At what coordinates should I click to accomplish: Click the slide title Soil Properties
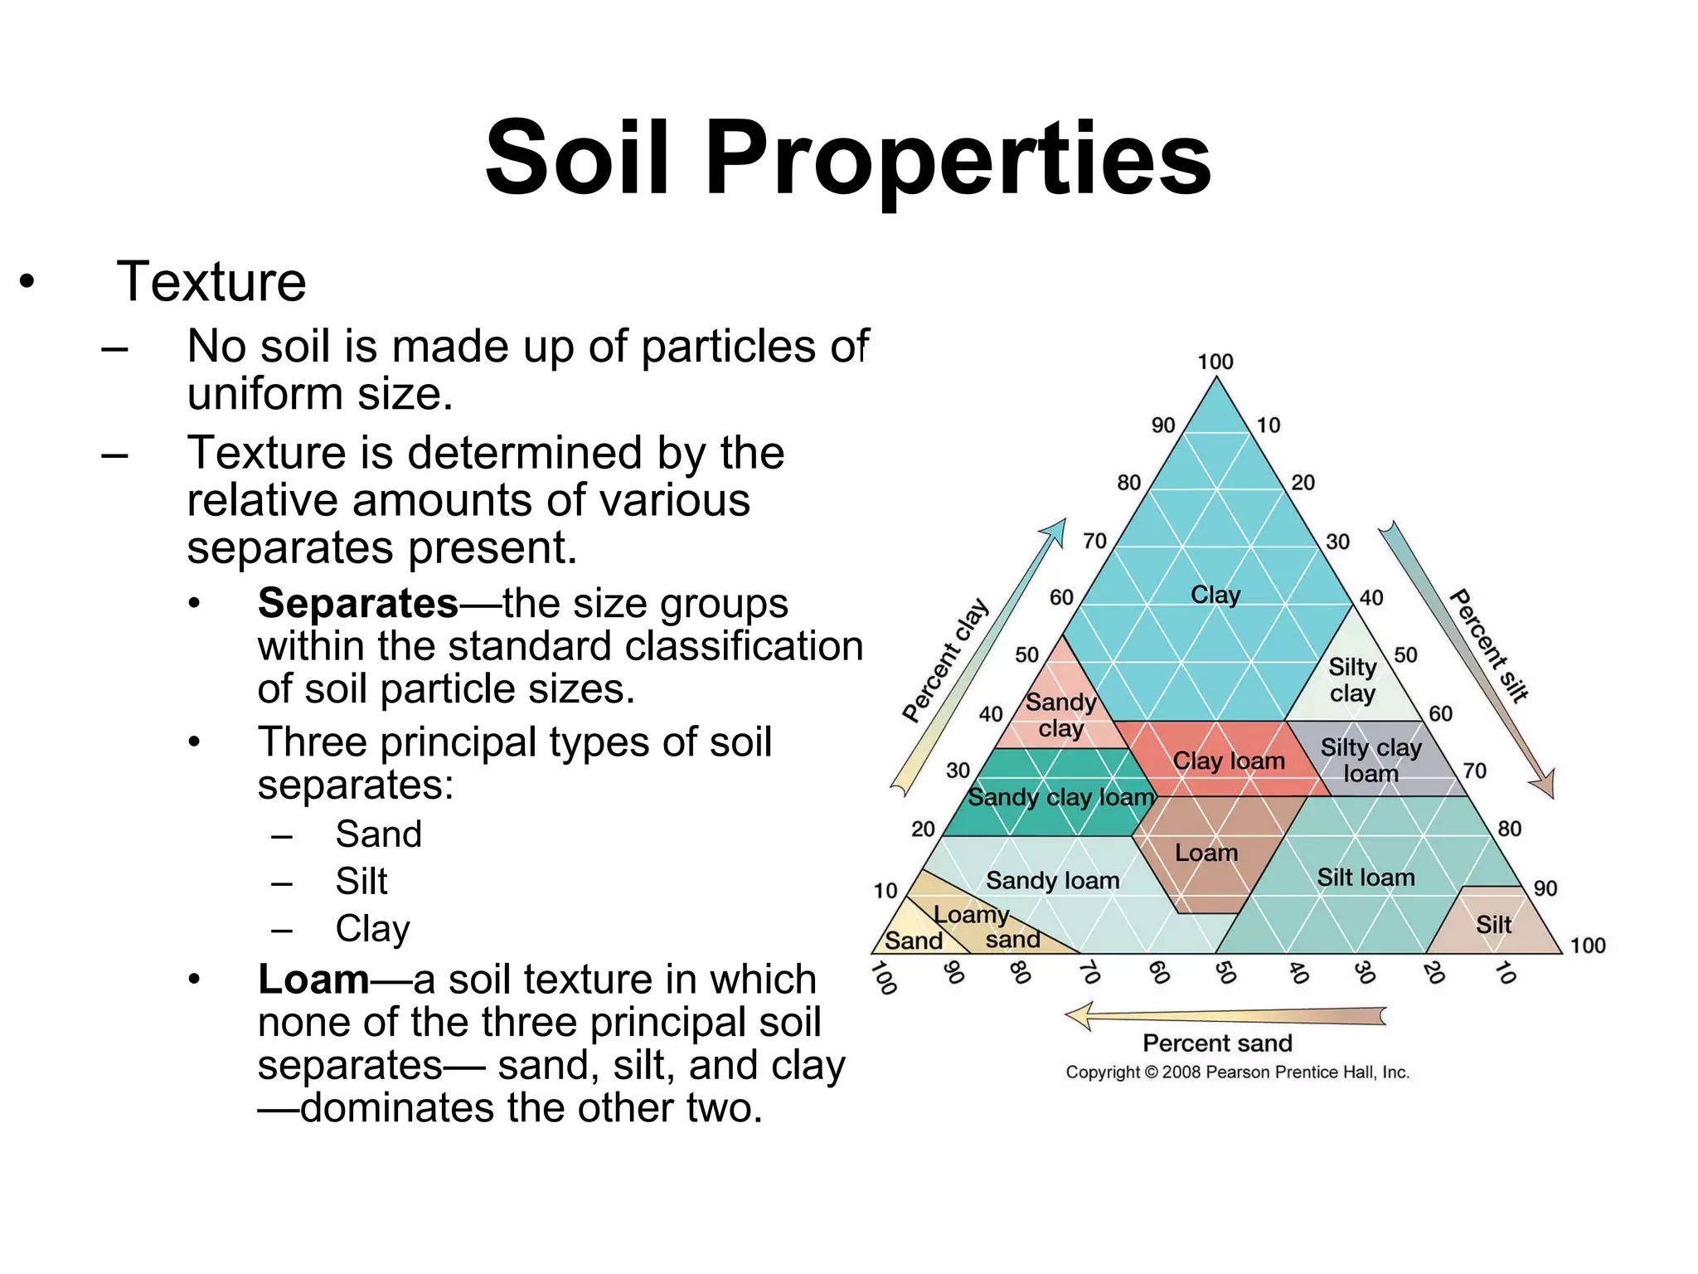tap(847, 158)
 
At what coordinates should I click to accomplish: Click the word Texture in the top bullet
tap(211, 282)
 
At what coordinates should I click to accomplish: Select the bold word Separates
tap(357, 603)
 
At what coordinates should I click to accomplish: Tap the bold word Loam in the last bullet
tap(313, 980)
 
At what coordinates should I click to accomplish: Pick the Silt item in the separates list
tap(361, 881)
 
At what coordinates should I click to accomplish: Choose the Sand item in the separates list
tap(378, 834)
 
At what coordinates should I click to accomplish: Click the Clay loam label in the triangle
tap(1229, 761)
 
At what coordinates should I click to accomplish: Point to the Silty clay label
tap(1352, 679)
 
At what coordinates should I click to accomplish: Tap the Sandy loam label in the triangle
tap(1052, 880)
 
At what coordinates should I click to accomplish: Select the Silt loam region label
tap(1366, 877)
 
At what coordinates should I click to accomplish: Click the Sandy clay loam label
tap(1060, 797)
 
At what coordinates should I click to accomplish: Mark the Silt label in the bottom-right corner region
tap(1493, 925)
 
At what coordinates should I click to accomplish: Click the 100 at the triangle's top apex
tap(1215, 362)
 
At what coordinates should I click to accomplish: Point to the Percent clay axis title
tap(945, 659)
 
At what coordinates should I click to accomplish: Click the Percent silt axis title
tap(1489, 645)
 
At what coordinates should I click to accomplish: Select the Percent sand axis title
tap(1217, 1043)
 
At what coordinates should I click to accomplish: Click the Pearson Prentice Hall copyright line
tap(1237, 1072)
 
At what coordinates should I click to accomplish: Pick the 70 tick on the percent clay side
tap(1094, 541)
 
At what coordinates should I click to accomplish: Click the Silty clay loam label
tap(1371, 761)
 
